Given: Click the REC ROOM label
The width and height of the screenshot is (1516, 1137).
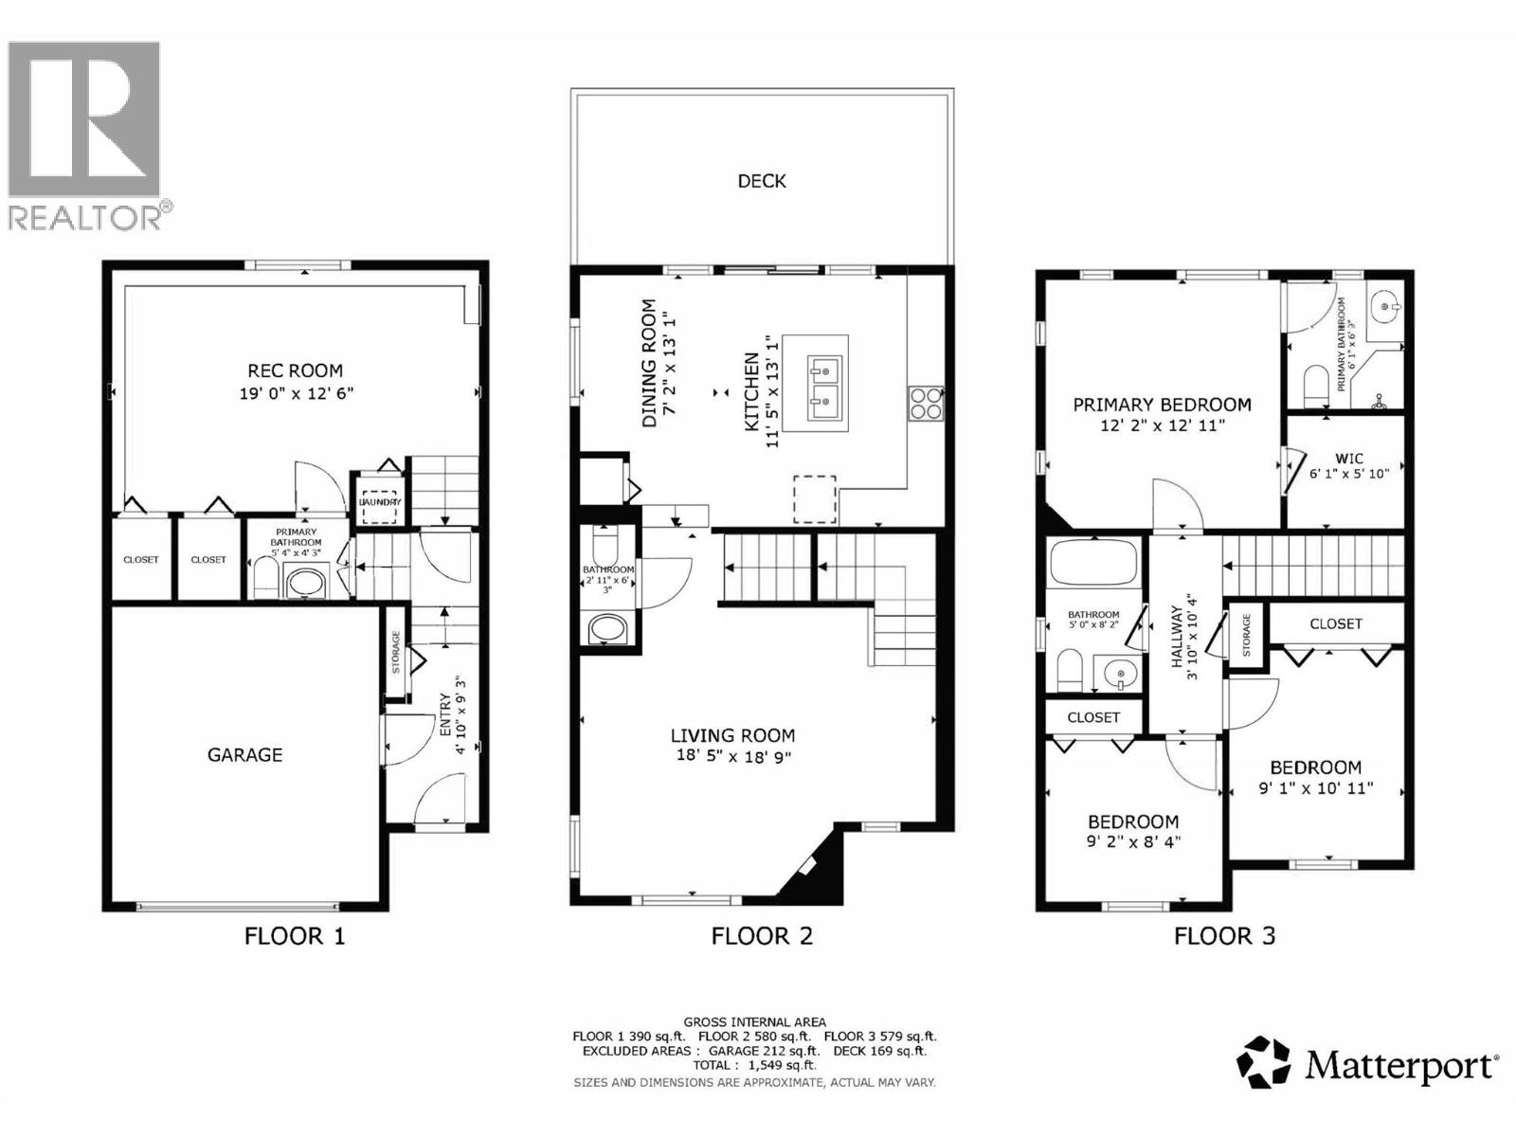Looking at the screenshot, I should pyautogui.click(x=295, y=370).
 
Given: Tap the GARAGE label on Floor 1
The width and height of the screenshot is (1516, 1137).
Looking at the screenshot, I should pyautogui.click(x=244, y=755).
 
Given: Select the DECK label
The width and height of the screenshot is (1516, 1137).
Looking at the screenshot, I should pyautogui.click(x=762, y=181).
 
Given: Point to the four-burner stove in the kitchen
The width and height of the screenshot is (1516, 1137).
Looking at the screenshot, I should pyautogui.click(x=925, y=404).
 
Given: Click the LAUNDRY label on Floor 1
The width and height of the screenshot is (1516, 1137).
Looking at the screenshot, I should pyautogui.click(x=379, y=502).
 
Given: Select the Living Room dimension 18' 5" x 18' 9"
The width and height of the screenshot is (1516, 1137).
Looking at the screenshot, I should pyautogui.click(x=732, y=756).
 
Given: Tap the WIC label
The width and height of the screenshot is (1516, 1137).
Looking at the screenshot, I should pyautogui.click(x=1349, y=459).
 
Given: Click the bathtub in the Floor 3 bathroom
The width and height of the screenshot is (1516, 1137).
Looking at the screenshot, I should pyautogui.click(x=1092, y=561).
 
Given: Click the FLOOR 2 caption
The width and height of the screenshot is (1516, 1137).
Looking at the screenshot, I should pyautogui.click(x=762, y=936).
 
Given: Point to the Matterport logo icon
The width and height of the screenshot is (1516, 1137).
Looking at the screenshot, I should pyautogui.click(x=1264, y=1062).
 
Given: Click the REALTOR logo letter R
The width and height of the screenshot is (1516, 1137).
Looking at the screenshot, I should pyautogui.click(x=83, y=118).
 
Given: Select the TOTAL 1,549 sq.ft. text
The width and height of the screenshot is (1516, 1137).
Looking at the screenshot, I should pyautogui.click(x=754, y=1065).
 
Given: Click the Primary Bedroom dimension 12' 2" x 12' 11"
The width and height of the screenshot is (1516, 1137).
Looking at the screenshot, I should pyautogui.click(x=1162, y=426).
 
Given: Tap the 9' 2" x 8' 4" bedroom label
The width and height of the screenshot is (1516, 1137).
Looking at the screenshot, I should pyautogui.click(x=1132, y=840).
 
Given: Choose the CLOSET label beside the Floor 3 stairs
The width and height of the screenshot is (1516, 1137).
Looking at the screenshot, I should pyautogui.click(x=1335, y=623).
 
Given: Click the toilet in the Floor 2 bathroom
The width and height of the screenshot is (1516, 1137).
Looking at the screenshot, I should pyautogui.click(x=604, y=547).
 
